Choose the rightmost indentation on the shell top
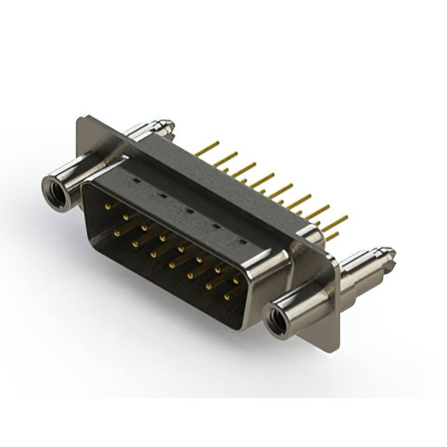pyautogui.click(x=240, y=242)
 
